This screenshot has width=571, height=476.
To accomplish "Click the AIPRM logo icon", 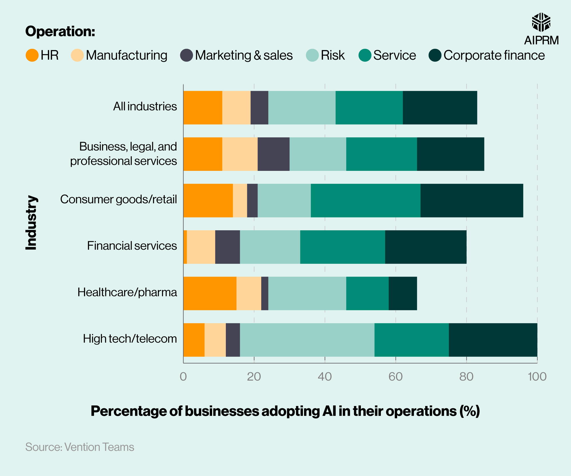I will coord(541,22).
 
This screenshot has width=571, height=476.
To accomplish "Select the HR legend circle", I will coord(32,55).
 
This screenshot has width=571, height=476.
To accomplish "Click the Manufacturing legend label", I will coord(126,55).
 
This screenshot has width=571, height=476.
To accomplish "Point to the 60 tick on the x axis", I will coord(395,377).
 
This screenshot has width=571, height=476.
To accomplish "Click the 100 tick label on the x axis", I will coord(537,377).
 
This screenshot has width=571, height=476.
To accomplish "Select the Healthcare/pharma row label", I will coord(127,292).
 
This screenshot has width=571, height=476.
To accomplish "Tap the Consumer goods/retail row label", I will coord(118,199).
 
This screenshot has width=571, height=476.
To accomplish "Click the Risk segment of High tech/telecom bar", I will coord(307,340).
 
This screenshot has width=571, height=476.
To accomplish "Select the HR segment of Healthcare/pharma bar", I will coord(210,293).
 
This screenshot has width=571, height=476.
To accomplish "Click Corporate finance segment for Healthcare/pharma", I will coord(403,293).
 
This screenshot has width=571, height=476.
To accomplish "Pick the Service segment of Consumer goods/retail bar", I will coord(365,200).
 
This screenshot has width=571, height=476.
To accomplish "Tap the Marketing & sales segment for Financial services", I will coord(228,247).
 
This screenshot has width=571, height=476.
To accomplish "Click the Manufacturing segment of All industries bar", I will coord(236,108).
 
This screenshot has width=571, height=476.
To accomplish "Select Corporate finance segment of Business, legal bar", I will coord(451,154).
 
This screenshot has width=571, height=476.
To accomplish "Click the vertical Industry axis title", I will coord(31,223).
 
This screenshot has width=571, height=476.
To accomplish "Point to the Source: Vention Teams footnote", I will coord(80,447).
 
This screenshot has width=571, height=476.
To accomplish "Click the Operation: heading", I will coord(60,31).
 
